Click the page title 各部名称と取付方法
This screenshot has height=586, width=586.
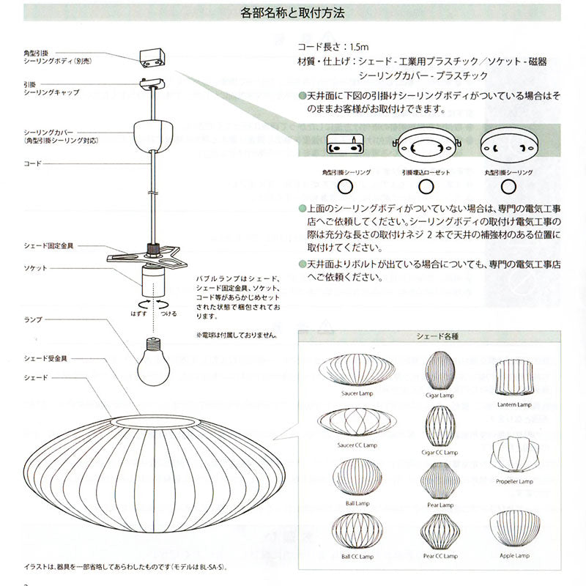(292, 12)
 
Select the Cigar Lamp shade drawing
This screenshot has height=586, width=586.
(439, 370)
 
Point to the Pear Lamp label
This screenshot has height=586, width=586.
(439, 505)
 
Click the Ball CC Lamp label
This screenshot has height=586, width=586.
(357, 556)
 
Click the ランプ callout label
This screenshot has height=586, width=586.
(33, 319)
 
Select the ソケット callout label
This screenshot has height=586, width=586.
(34, 269)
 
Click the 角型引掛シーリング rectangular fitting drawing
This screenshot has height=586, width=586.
(346, 146)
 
